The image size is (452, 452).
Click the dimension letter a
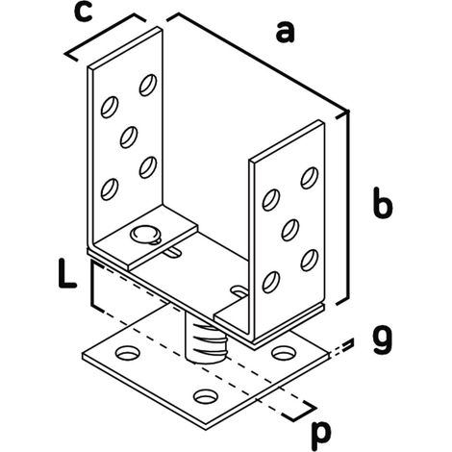(285, 32)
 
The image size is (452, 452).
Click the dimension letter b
(383, 203)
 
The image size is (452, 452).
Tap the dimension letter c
(83, 13)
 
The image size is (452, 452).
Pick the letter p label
(321, 434)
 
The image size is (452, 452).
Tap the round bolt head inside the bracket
(144, 234)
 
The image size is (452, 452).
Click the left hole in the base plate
(128, 353)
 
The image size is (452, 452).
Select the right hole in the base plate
(284, 352)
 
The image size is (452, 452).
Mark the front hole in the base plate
(206, 396)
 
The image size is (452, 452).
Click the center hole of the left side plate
(129, 138)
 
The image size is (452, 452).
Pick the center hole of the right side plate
(290, 230)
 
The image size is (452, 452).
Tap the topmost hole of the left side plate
(148, 85)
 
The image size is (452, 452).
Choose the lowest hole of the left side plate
(110, 189)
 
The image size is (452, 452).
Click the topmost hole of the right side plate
(310, 178)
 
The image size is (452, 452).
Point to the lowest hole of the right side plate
(271, 282)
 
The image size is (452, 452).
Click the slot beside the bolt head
(173, 253)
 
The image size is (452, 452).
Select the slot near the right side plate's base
(239, 291)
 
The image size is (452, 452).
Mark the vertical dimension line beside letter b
(347, 208)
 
